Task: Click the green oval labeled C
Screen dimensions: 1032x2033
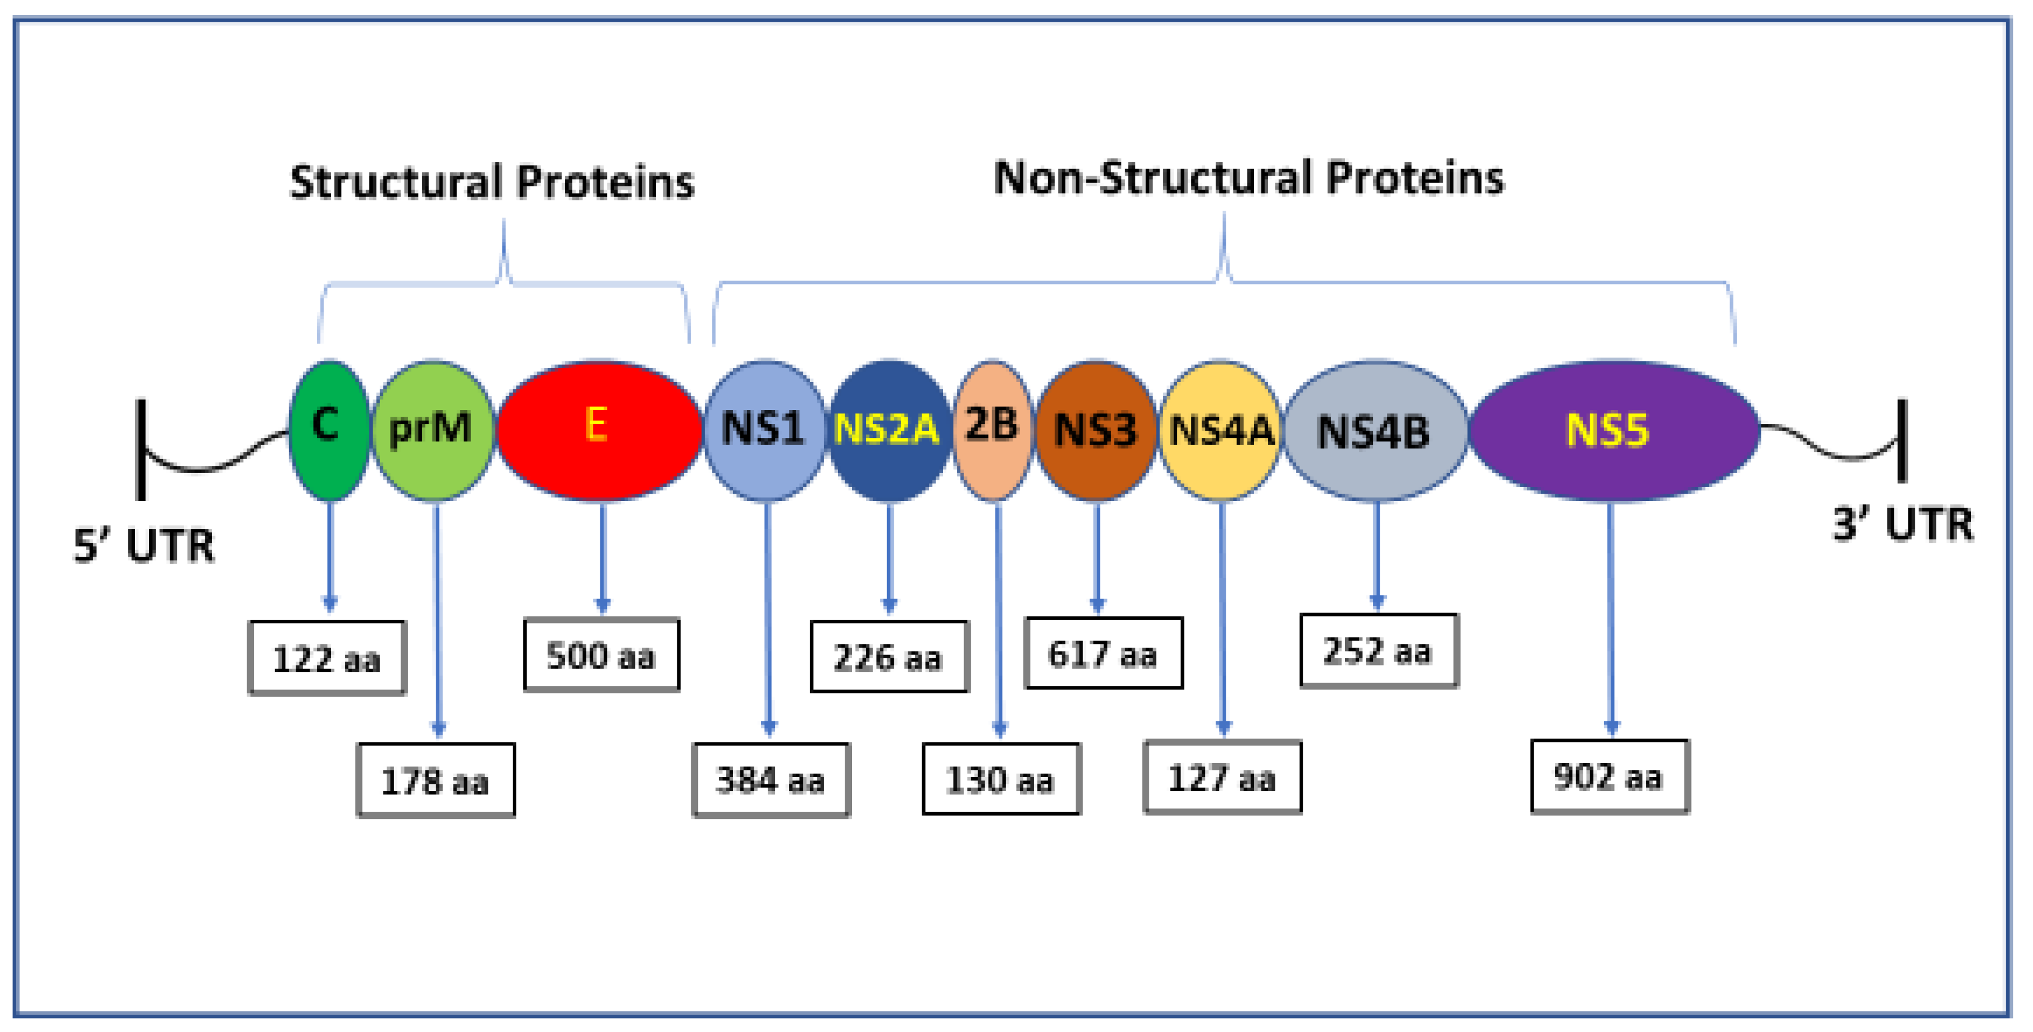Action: pos(328,430)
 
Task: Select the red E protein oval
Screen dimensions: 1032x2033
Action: pos(598,430)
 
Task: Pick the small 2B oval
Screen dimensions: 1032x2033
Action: pos(992,430)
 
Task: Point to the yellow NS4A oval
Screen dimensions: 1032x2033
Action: pos(1220,430)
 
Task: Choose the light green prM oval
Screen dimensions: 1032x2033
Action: pos(432,430)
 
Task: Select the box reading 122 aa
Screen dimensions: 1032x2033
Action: pos(327,658)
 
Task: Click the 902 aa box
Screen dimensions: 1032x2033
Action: pos(1608,777)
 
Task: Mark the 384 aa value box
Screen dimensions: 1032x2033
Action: pos(770,779)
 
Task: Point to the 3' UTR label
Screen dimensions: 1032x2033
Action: pos(1902,524)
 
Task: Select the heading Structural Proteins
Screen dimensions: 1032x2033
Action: pos(492,182)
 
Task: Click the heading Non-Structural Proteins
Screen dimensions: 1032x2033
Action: pos(1249,179)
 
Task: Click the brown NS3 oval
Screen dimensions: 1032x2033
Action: pos(1095,430)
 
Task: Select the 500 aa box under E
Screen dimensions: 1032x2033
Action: pos(601,655)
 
